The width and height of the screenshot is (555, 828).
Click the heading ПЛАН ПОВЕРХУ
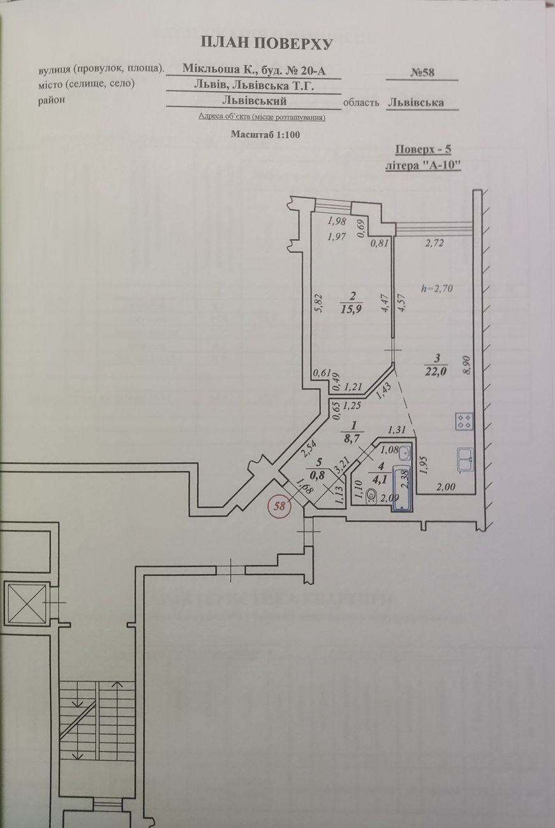point(267,43)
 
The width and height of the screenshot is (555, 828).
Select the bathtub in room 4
point(403,488)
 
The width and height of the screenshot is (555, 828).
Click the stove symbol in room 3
point(464,421)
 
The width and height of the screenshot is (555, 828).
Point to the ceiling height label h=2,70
point(438,287)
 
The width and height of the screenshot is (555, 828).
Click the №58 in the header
point(422,73)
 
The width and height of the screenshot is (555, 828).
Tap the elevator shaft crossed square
point(26,604)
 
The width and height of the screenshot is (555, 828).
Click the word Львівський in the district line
point(255,101)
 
